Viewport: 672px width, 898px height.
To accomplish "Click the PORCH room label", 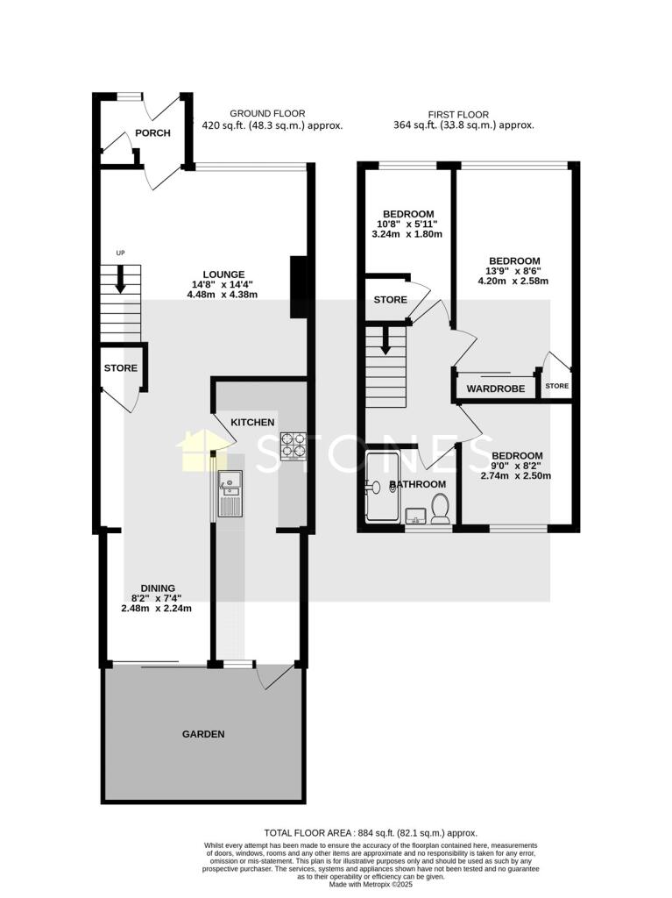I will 152,133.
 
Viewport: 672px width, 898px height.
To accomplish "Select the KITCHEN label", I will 252,423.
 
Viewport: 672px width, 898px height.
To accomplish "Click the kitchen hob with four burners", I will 292,446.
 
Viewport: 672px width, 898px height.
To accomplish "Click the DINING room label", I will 159,588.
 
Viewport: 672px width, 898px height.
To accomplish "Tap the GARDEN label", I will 203,734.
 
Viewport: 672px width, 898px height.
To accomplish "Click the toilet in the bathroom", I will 440,509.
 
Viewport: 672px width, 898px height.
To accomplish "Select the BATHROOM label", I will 418,484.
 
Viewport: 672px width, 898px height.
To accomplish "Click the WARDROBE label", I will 495,388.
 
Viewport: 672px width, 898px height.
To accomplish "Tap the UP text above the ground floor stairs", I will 121,254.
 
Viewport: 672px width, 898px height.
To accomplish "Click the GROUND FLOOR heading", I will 267,114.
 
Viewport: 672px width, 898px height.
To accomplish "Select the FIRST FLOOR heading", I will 458,114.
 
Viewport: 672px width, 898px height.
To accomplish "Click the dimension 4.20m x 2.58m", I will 513,282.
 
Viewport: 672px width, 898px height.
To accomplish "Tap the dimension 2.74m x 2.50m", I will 516,476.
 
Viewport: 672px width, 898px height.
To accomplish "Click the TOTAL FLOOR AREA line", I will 371,832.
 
